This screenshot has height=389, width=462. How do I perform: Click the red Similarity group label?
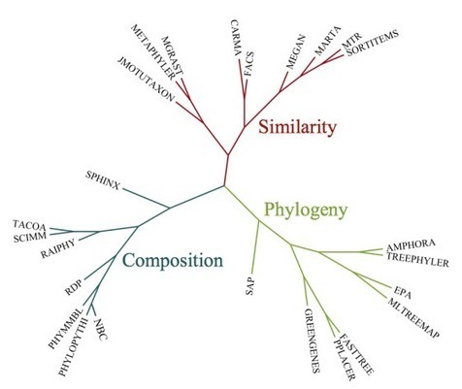click(x=298, y=127)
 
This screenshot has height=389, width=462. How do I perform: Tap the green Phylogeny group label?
click(x=306, y=211)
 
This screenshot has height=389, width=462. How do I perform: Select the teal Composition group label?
click(x=173, y=261)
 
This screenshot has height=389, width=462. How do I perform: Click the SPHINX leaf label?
click(x=103, y=180)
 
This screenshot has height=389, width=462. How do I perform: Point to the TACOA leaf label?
click(x=29, y=225)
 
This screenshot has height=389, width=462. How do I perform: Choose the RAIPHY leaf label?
click(x=58, y=248)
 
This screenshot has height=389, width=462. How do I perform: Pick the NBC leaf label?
click(x=101, y=329)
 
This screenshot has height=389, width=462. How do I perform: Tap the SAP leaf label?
click(x=250, y=285)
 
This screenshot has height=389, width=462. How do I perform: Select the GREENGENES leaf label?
click(x=312, y=340)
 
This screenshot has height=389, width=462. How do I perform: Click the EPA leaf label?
click(x=403, y=293)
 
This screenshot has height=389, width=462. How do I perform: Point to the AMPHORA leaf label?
click(x=411, y=244)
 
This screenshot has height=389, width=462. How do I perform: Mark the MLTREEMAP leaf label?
click(x=413, y=318)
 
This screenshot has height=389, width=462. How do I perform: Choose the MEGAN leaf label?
click(x=296, y=51)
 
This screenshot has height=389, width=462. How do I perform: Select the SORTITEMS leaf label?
click(x=373, y=43)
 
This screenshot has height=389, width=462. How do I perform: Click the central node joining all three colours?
click(x=224, y=186)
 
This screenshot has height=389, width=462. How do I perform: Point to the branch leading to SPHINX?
click(x=146, y=198)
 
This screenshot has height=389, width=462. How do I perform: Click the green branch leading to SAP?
click(x=255, y=246)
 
